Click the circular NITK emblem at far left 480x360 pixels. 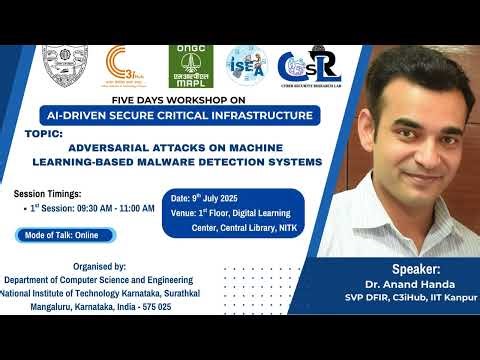click(65, 66)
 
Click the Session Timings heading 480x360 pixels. click(47, 193)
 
